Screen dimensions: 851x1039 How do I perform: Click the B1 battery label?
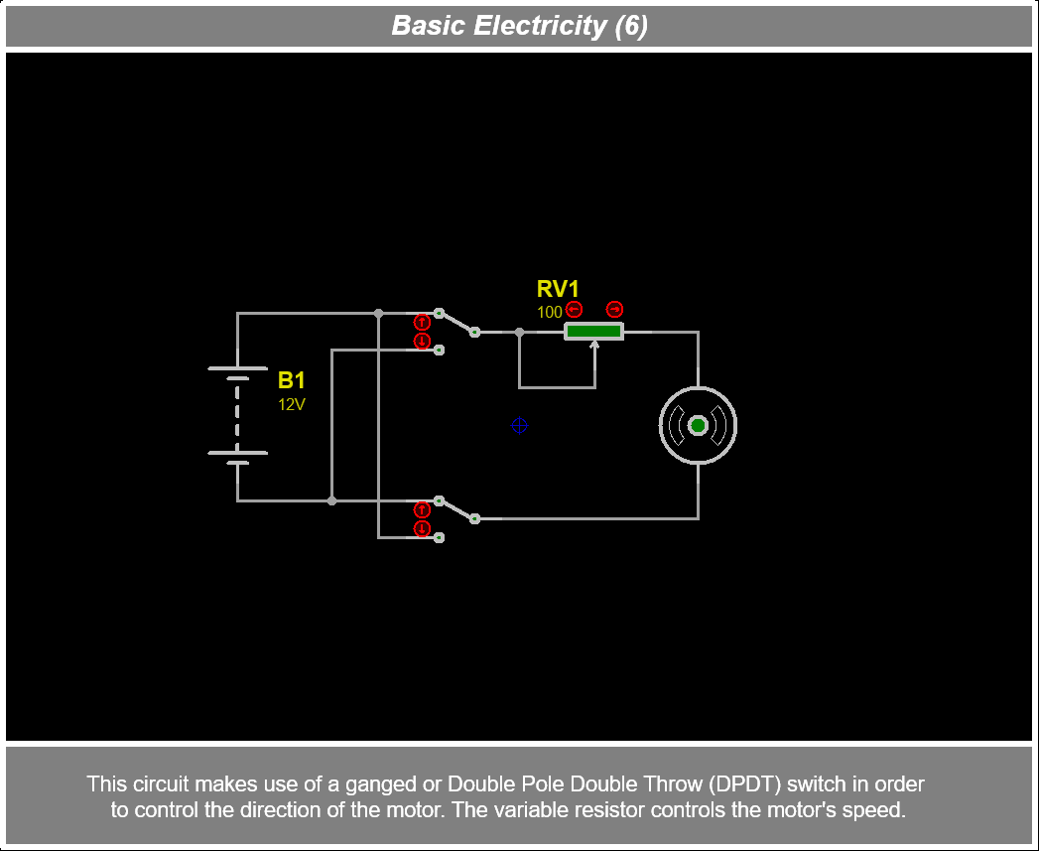[x=292, y=380]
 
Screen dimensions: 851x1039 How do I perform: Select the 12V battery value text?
[x=292, y=404]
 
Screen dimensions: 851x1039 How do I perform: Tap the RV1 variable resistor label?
[x=558, y=289]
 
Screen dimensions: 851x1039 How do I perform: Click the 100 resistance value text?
[x=549, y=312]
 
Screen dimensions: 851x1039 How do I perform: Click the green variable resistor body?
[x=593, y=332]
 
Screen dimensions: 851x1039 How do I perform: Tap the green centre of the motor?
[x=698, y=426]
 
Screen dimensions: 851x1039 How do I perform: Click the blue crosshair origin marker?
[x=519, y=426]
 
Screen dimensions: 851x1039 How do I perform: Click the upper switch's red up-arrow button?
[x=422, y=322]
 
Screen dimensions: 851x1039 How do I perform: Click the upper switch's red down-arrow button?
[x=422, y=342]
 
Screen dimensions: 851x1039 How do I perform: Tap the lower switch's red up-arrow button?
[x=422, y=509]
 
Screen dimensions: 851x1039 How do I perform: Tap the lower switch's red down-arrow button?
[x=422, y=529]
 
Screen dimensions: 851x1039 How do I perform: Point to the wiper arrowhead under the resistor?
[x=594, y=346]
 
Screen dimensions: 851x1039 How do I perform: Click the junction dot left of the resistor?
[x=519, y=332]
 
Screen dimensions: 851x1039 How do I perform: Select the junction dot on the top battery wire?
[x=378, y=313]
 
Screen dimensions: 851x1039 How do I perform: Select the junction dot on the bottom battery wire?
[x=331, y=500]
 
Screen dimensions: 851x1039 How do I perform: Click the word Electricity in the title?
[x=540, y=25]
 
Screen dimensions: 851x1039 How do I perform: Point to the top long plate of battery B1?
[x=237, y=368]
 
